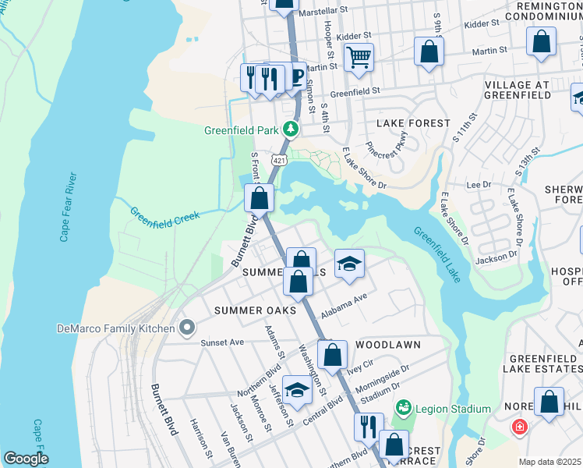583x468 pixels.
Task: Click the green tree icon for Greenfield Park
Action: point(291,129)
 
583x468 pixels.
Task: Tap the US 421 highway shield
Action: point(278,159)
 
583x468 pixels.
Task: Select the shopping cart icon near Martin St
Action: point(359,57)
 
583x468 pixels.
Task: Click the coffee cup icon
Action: point(296,76)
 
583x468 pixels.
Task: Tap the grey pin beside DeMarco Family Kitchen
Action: point(186,328)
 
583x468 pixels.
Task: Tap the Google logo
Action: point(26,459)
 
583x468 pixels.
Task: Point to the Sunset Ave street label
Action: point(222,342)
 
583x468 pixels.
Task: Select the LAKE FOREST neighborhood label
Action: point(413,123)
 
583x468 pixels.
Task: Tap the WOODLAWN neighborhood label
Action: point(388,344)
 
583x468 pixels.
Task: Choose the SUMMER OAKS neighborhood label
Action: point(251,310)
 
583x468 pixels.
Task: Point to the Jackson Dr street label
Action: point(496,255)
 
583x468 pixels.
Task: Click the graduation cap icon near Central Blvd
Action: point(297,388)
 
